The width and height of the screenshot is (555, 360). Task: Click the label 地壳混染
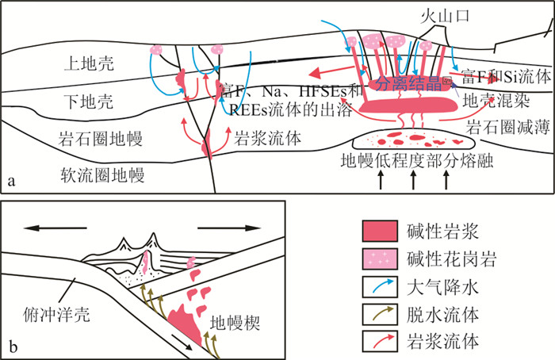pos(493,100)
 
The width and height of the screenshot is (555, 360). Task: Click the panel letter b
pos(11,346)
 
